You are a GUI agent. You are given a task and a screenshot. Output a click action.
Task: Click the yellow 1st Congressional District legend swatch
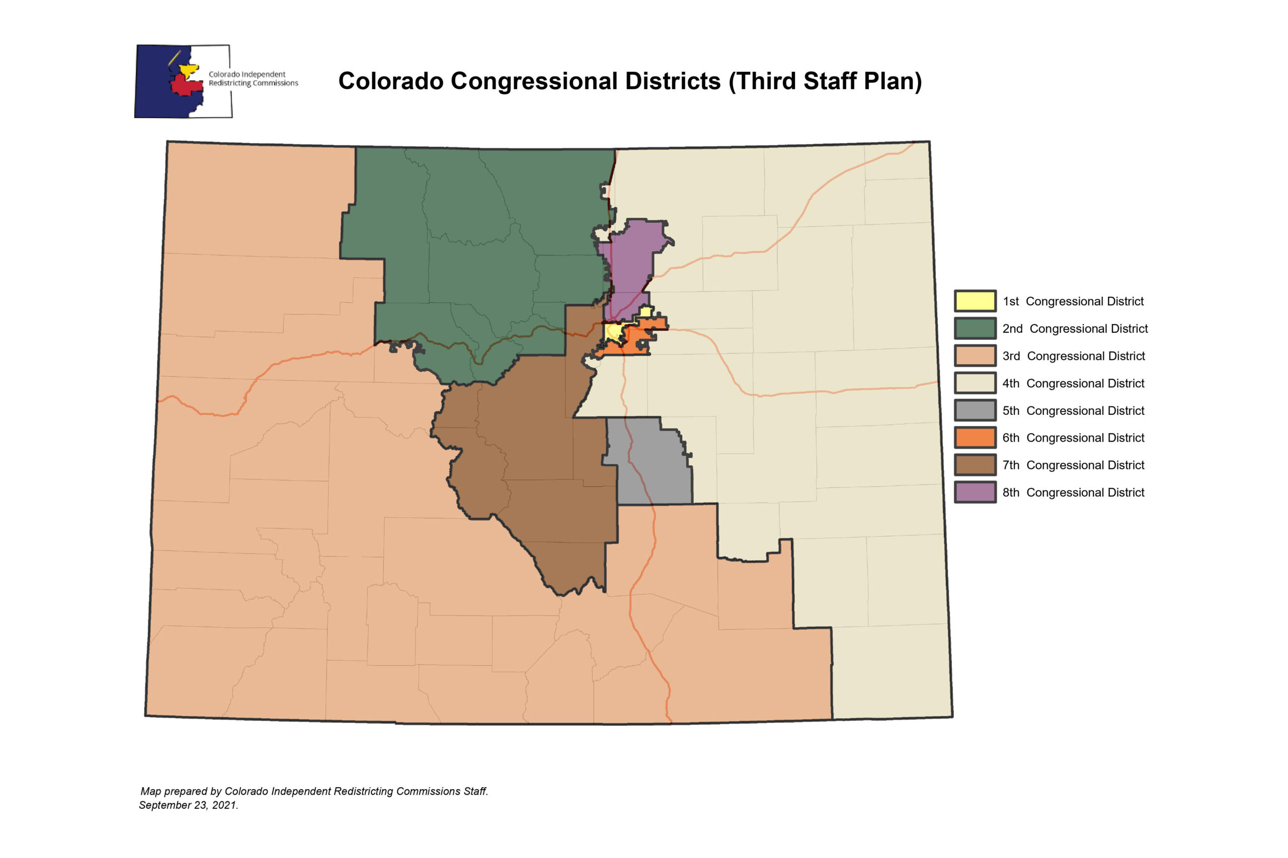(975, 301)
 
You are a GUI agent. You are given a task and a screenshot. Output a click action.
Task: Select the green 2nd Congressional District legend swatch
(975, 328)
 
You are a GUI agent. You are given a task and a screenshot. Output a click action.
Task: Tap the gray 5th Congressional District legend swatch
(975, 410)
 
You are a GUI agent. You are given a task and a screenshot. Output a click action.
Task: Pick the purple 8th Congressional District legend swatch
(975, 492)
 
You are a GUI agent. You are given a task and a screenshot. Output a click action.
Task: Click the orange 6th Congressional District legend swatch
(975, 438)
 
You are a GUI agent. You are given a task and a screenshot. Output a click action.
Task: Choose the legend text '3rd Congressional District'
(1073, 356)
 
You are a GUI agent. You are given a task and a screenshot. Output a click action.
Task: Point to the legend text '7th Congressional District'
(1073, 465)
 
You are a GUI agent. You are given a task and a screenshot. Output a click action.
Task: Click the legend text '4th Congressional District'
(1073, 383)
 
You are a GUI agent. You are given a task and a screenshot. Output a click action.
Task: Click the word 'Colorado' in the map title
(391, 81)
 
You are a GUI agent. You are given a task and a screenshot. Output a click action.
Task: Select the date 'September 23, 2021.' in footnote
(188, 805)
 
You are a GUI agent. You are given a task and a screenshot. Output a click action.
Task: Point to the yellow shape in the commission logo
(189, 69)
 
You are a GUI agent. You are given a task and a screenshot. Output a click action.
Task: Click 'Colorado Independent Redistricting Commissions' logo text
(253, 78)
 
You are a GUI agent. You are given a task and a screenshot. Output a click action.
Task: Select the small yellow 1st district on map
(613, 331)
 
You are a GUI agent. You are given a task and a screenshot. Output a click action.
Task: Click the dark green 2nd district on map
(481, 246)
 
